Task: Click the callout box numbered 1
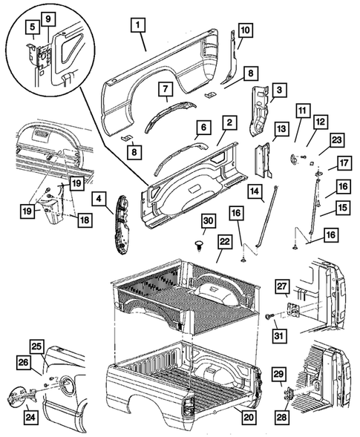click(137, 25)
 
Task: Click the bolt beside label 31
click(266, 316)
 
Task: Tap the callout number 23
click(336, 139)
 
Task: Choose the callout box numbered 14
click(255, 193)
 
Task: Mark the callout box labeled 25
click(37, 346)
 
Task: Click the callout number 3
click(279, 91)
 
